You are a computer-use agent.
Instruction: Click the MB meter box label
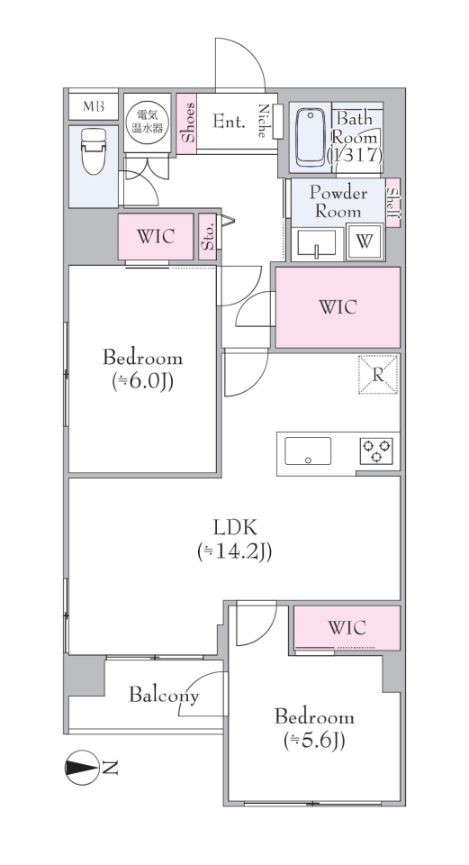[93, 106]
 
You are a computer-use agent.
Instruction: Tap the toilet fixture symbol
[93, 150]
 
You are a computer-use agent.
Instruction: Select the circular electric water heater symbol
[143, 122]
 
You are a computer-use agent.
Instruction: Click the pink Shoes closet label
[188, 123]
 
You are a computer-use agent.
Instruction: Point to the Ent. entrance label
[229, 122]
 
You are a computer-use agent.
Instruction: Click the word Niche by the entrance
[264, 120]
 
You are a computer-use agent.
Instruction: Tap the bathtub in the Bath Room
[311, 137]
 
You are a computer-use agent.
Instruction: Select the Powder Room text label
[338, 202]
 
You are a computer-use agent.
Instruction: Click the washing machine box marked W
[365, 241]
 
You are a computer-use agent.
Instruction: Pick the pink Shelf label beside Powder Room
[393, 203]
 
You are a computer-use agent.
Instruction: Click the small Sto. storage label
[207, 237]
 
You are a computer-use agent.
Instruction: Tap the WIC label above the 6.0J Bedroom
[156, 237]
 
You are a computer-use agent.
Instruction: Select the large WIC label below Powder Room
[338, 307]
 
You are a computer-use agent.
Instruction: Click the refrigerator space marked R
[378, 375]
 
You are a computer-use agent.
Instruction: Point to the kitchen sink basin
[308, 451]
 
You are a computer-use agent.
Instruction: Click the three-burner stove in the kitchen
[377, 451]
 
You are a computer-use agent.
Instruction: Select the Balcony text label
[164, 695]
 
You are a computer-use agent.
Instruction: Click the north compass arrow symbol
[83, 768]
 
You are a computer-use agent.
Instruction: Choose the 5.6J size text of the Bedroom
[314, 742]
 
